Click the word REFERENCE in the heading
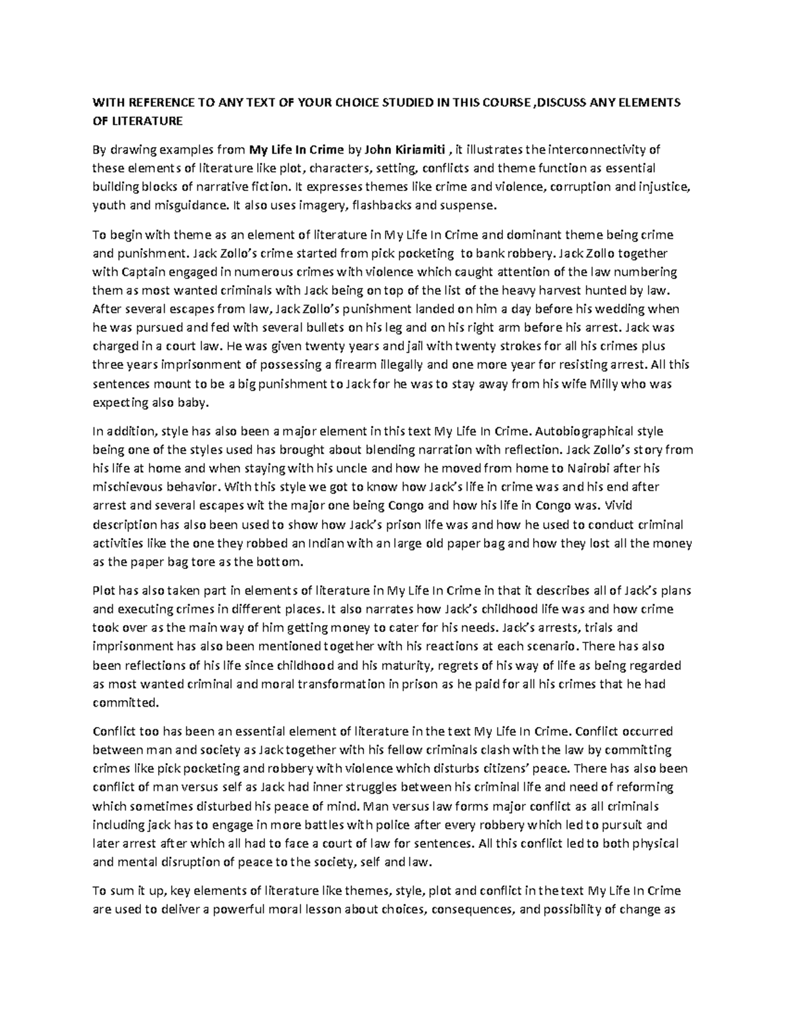(x=155, y=102)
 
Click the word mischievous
(x=129, y=488)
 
